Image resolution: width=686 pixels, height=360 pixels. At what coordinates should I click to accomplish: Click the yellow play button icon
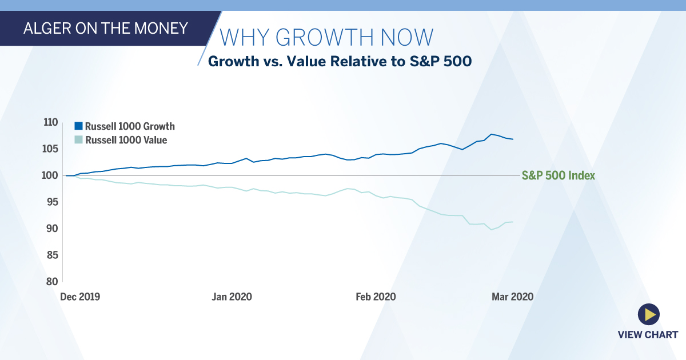[648, 314]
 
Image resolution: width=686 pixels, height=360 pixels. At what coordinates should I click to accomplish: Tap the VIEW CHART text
[648, 335]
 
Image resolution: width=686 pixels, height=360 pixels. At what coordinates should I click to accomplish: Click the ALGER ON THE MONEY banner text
[105, 28]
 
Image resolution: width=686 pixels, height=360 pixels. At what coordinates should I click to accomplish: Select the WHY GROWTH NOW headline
[326, 37]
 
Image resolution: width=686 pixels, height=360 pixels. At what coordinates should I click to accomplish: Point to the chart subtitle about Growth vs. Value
[340, 61]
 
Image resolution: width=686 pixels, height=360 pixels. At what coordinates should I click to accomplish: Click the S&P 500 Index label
[559, 176]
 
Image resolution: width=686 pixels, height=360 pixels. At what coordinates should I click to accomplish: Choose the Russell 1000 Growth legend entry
[130, 126]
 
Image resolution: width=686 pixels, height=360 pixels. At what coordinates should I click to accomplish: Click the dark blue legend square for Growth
[79, 126]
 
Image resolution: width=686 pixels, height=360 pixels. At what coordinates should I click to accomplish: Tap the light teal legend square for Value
[79, 139]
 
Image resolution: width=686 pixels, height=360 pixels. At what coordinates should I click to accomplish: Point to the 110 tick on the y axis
[50, 122]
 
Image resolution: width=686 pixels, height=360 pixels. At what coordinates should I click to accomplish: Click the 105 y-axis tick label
[50, 149]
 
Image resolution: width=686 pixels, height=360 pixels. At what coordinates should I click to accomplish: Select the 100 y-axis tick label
[50, 175]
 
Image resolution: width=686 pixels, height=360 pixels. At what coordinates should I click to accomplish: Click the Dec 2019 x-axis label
[80, 297]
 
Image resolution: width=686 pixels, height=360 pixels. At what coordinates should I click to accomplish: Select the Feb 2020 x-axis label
[376, 297]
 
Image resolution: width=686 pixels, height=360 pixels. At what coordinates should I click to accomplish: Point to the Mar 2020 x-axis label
[513, 297]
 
